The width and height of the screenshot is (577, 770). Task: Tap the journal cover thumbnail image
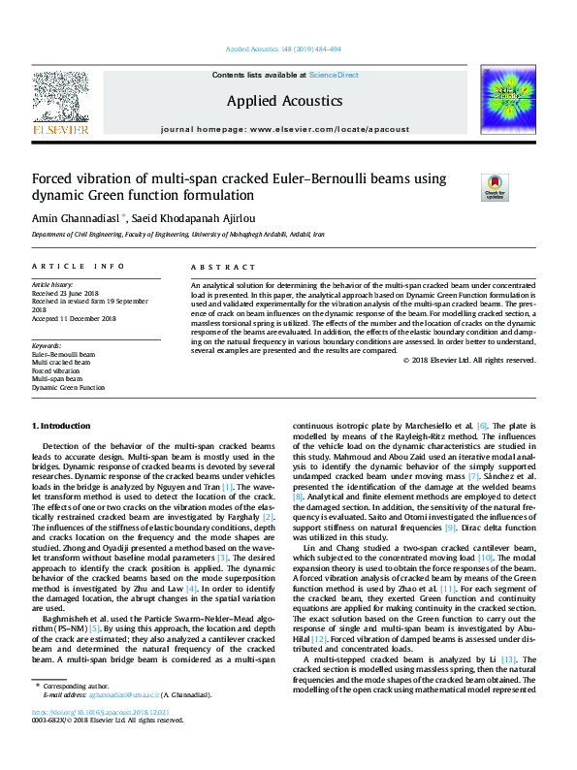(x=508, y=100)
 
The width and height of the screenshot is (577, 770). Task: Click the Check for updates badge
(x=496, y=187)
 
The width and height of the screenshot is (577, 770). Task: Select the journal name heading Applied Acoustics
(x=284, y=101)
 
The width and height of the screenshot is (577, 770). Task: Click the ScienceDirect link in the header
(x=334, y=75)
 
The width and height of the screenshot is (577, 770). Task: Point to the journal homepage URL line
(x=284, y=129)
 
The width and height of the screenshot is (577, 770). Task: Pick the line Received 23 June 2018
(x=67, y=293)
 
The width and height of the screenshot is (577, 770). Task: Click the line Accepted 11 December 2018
(x=74, y=318)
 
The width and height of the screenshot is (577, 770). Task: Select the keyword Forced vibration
(x=56, y=370)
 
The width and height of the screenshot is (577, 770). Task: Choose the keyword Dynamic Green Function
(x=68, y=387)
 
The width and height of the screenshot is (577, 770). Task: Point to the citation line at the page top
(x=283, y=49)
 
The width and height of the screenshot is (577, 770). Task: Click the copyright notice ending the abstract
(x=469, y=360)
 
